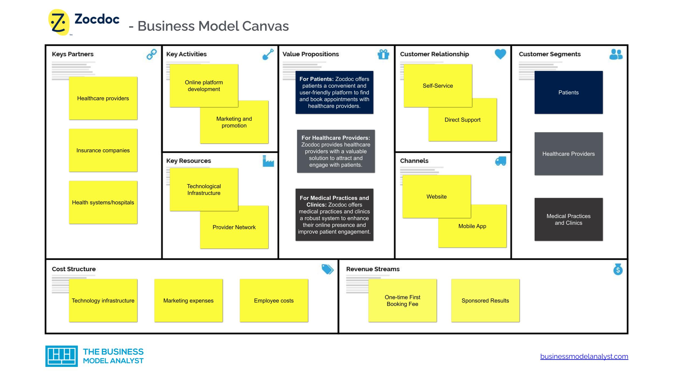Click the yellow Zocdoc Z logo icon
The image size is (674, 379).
pos(59,22)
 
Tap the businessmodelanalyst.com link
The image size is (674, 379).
pos(584,356)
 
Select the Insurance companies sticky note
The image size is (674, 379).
pos(103,150)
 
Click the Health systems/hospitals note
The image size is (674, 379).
pos(103,202)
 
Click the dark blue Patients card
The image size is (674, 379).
pos(568,92)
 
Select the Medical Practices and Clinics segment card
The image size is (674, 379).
pos(568,219)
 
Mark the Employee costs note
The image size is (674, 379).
pos(274,301)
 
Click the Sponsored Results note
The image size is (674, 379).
pos(485,301)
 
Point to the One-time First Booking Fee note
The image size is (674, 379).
pos(402,301)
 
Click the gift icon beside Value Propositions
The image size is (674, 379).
pos(383,54)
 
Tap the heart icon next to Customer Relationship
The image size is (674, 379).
pos(500,54)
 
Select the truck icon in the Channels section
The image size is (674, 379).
pos(500,161)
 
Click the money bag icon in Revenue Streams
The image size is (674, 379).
pos(618,269)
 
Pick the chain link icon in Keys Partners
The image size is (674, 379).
pos(152,54)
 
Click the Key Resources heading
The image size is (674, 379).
pos(188,161)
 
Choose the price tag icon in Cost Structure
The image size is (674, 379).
pos(327,269)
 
